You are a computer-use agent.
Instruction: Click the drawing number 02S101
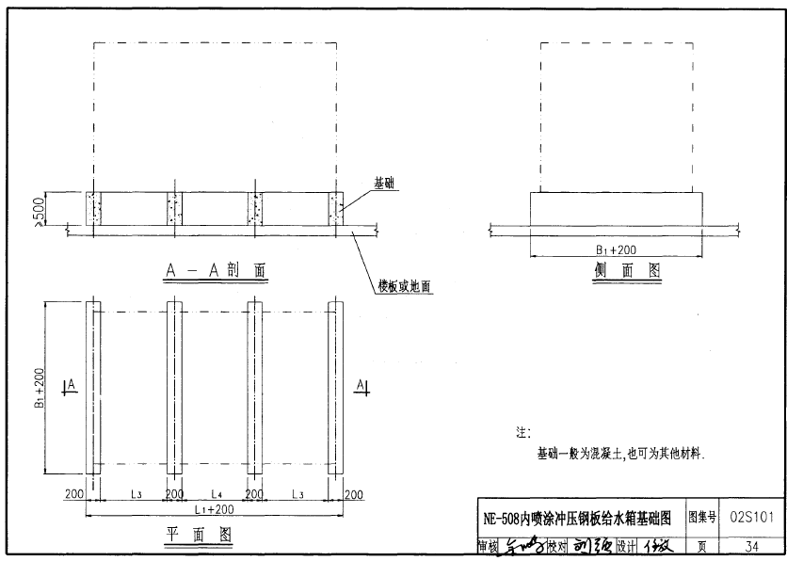(x=751, y=517)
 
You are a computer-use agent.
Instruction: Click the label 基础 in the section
(x=384, y=184)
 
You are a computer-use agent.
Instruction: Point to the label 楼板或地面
(x=405, y=286)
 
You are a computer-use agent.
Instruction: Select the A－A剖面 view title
(x=216, y=271)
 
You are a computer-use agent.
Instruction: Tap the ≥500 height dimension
(x=38, y=211)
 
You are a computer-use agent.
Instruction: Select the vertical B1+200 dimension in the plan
(x=40, y=388)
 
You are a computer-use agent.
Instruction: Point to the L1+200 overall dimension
(x=214, y=508)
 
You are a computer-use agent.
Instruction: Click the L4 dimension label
(x=216, y=493)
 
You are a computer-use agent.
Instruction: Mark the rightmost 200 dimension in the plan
(x=353, y=493)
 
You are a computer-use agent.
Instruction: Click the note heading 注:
(x=523, y=433)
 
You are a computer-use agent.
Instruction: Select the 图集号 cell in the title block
(x=702, y=517)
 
